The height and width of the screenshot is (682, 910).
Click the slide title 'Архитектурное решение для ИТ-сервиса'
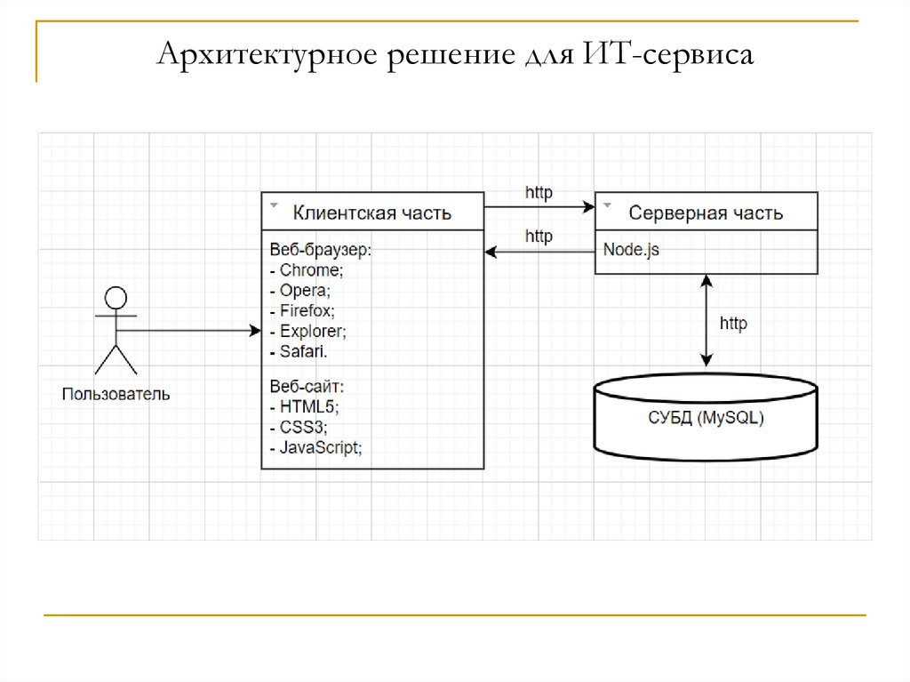click(x=455, y=54)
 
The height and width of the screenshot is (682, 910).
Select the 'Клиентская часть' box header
click(x=372, y=213)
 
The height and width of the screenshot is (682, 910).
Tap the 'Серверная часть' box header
click(x=706, y=213)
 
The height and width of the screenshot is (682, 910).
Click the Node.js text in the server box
click(x=631, y=250)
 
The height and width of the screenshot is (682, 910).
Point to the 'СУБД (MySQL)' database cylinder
click(x=706, y=417)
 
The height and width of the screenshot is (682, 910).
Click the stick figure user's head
click(x=116, y=298)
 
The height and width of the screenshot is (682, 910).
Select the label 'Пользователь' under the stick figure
click(x=116, y=393)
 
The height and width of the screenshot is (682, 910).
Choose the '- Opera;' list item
click(x=299, y=290)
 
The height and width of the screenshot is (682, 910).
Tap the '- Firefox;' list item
click(x=302, y=310)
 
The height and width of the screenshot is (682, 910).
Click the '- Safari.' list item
click(x=298, y=351)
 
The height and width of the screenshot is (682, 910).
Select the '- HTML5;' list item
click(x=303, y=406)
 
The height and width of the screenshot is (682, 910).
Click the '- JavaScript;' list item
click(x=315, y=447)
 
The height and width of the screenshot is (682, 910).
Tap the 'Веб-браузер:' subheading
click(x=320, y=250)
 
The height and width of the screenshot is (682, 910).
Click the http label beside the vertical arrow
click(x=733, y=324)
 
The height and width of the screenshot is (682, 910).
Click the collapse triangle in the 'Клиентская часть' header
click(x=273, y=204)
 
